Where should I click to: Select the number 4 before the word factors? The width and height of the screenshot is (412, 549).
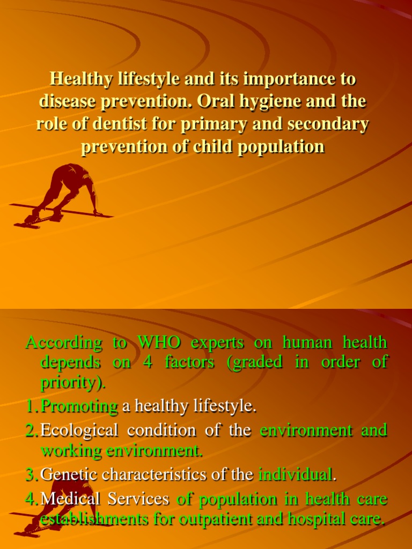click(x=148, y=362)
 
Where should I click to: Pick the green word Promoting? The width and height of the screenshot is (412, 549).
click(x=79, y=407)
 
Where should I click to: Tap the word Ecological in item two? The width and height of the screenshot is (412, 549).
click(x=79, y=431)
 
